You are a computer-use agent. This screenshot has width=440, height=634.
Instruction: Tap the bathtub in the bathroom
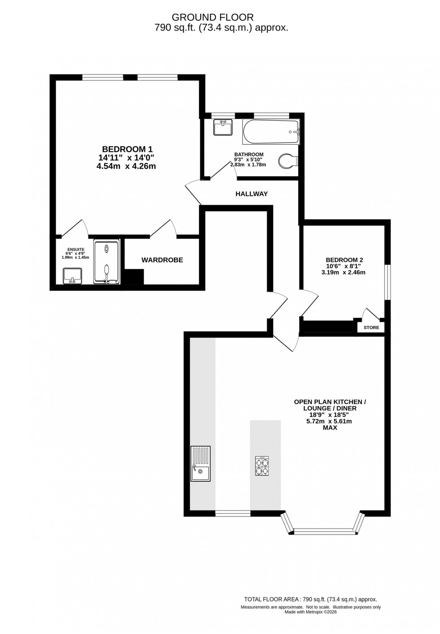click(271, 132)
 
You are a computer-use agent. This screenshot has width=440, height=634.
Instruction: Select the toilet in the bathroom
click(287, 160)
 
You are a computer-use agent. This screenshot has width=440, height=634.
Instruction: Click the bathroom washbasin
click(223, 127)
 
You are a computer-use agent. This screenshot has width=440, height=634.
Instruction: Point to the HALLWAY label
click(251, 194)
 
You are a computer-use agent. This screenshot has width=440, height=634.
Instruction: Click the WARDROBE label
click(162, 260)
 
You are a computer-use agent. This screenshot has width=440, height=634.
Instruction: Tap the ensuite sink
click(72, 275)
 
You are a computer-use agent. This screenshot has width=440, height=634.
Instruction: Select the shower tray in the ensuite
click(106, 262)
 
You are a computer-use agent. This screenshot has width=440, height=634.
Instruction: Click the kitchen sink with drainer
click(200, 463)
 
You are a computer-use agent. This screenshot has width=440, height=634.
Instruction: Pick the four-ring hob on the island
click(263, 466)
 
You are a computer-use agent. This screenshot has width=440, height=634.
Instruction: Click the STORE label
click(371, 328)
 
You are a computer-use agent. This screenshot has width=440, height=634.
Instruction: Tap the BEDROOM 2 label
click(344, 260)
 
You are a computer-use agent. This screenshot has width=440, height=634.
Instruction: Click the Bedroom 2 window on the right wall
click(388, 282)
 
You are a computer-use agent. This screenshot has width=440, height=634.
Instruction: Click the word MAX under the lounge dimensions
click(330, 428)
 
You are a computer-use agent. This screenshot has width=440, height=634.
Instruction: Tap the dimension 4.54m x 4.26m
click(126, 166)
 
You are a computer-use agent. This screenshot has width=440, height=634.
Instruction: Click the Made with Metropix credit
click(311, 612)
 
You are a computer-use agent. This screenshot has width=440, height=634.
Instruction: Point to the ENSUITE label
click(75, 249)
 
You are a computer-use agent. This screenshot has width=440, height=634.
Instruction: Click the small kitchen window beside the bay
click(233, 513)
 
